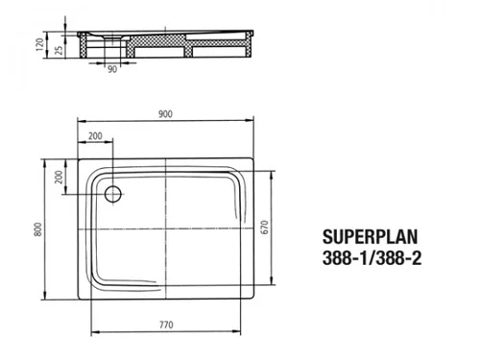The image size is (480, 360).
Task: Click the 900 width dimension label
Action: (x=165, y=114)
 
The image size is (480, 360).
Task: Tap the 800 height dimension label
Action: (x=37, y=229)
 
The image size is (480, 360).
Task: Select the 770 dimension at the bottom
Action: (x=166, y=324)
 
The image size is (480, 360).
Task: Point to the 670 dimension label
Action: (x=265, y=228)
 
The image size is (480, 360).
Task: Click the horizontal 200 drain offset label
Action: (x=95, y=136)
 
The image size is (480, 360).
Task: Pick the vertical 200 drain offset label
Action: (x=59, y=177)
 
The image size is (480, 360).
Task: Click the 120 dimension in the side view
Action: (x=39, y=44)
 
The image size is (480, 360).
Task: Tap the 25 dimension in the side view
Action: (x=59, y=50)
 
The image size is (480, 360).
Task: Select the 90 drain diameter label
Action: (x=112, y=69)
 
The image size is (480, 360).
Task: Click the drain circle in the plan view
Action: (x=113, y=194)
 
